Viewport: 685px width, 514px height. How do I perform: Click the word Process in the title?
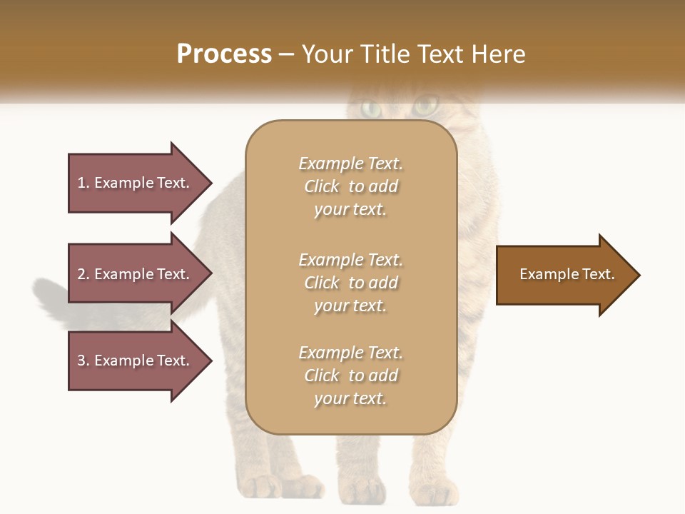(x=224, y=54)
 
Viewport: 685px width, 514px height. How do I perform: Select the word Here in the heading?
(x=498, y=54)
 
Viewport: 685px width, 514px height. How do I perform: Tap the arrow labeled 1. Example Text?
(x=136, y=183)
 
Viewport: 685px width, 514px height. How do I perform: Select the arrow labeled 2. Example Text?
(x=136, y=274)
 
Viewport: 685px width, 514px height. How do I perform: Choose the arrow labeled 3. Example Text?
(x=136, y=361)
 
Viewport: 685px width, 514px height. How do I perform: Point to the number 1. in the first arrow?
(x=83, y=183)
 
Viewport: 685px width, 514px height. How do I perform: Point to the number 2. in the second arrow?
(x=83, y=274)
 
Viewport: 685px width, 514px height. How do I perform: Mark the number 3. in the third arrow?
(x=83, y=361)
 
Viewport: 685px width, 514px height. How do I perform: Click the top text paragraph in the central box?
(x=350, y=186)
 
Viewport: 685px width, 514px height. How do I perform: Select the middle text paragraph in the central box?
(x=350, y=283)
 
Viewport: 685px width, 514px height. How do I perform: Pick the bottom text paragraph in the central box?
(x=350, y=376)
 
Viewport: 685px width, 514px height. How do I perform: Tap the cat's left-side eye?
(x=371, y=109)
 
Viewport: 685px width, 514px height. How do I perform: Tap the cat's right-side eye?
(x=426, y=107)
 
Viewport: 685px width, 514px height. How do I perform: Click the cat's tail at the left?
(x=50, y=296)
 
